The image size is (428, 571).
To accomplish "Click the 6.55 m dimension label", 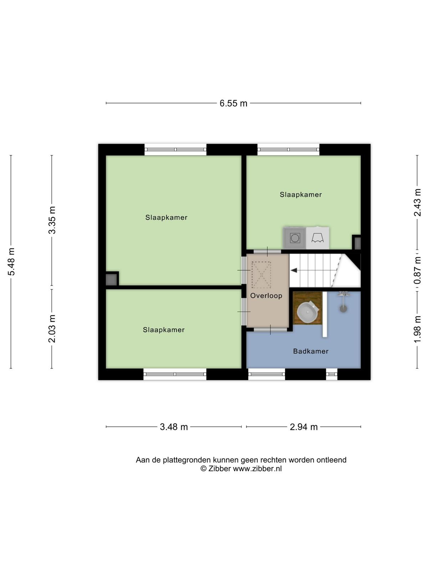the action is pyautogui.click(x=233, y=103).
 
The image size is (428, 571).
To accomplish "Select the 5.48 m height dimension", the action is pyautogui.click(x=12, y=262).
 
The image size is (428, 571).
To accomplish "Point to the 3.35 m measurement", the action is pyautogui.click(x=52, y=220).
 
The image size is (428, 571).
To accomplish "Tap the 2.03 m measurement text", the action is pyautogui.click(x=52, y=329).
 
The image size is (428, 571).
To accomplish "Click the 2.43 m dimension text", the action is pyautogui.click(x=417, y=202).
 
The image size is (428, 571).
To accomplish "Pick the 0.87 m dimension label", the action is pyautogui.click(x=417, y=270).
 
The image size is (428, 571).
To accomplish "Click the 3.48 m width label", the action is pyautogui.click(x=174, y=427).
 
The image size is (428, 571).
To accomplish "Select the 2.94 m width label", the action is pyautogui.click(x=304, y=427).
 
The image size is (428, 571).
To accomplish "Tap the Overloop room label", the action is pyautogui.click(x=266, y=296).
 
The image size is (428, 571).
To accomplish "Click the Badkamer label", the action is pyautogui.click(x=311, y=352).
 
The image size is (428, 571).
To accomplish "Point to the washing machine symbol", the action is pyautogui.click(x=295, y=238).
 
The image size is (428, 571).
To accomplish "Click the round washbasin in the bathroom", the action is pyautogui.click(x=308, y=312).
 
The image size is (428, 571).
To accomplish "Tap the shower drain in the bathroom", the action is pyautogui.click(x=343, y=309).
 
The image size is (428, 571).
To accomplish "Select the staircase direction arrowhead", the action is pyautogui.click(x=294, y=271).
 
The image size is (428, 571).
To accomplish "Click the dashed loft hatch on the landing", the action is pyautogui.click(x=261, y=274).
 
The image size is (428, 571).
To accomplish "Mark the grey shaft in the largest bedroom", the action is pyautogui.click(x=111, y=280).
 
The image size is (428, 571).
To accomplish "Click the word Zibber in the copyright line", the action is pyautogui.click(x=219, y=469).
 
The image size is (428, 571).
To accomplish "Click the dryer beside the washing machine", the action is pyautogui.click(x=317, y=238).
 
